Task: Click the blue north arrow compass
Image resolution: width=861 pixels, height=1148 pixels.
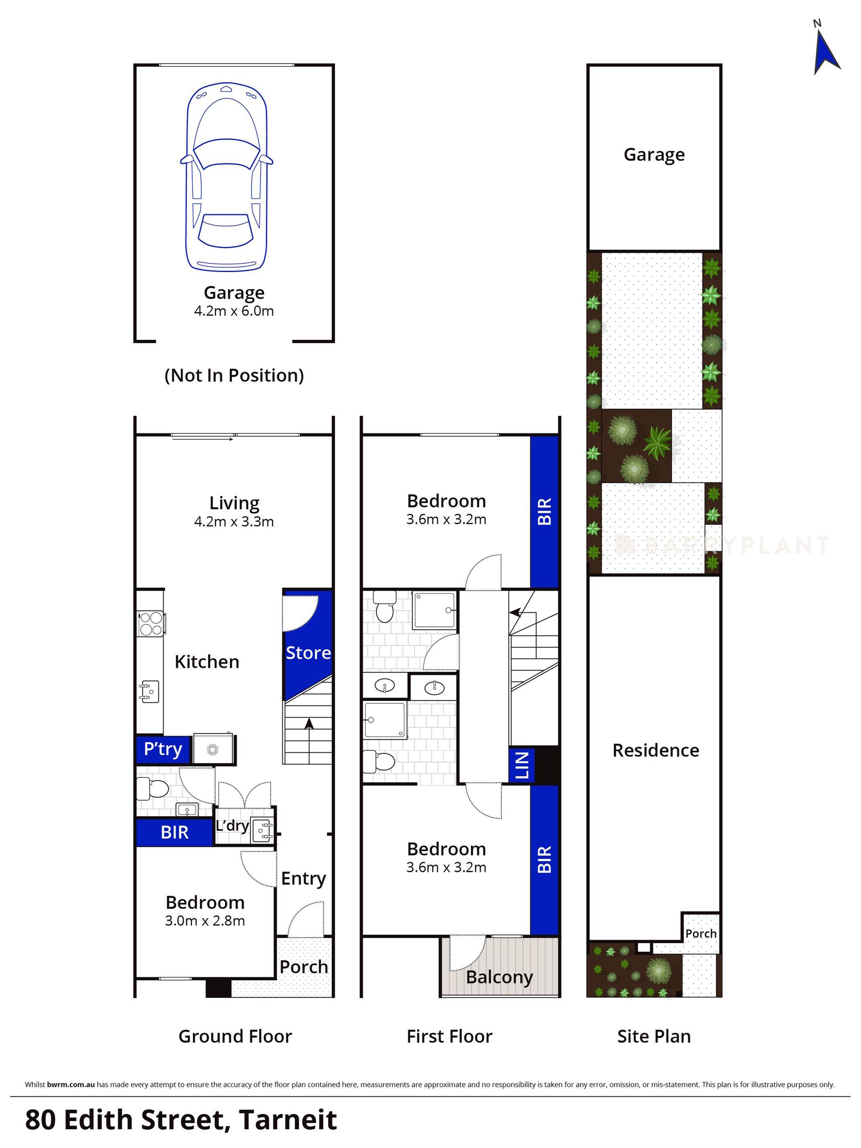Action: click(825, 54)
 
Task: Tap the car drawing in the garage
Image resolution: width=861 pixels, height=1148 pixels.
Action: click(227, 176)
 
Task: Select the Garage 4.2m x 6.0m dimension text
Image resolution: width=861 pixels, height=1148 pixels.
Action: click(234, 311)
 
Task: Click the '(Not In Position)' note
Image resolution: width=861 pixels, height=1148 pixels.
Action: click(234, 375)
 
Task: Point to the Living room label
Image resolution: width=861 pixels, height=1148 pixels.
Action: click(234, 503)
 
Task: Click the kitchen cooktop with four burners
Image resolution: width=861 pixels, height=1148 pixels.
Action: click(150, 623)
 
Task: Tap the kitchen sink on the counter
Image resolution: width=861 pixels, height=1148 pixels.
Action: click(149, 692)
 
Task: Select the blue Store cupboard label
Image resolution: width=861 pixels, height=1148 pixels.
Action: click(308, 653)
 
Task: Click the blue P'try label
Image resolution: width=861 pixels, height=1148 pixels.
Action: click(163, 750)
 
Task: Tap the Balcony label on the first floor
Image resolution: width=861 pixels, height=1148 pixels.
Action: click(499, 977)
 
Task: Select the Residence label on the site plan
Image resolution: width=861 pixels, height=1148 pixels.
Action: click(656, 750)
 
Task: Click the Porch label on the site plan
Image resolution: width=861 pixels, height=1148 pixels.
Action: click(701, 934)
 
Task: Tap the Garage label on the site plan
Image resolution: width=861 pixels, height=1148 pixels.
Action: click(654, 155)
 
